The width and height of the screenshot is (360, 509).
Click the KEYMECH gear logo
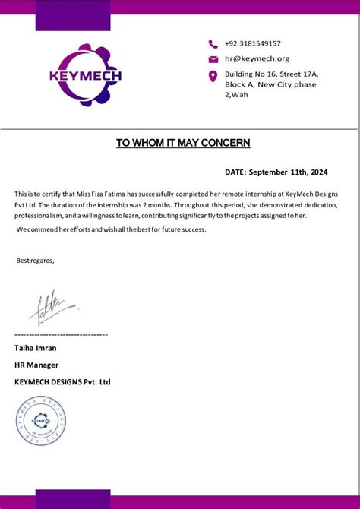[85, 75]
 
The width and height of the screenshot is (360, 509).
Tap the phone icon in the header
[213, 44]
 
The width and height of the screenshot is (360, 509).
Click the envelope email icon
[213, 59]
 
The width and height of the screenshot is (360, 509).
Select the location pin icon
[213, 76]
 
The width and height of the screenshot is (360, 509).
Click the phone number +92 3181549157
[253, 44]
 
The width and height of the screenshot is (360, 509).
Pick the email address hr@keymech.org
[257, 58]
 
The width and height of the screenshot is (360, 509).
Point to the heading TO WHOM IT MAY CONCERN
[183, 143]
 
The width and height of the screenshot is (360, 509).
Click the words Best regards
[35, 261]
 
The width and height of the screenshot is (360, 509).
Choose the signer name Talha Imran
[36, 348]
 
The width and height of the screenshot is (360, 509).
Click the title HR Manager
[36, 365]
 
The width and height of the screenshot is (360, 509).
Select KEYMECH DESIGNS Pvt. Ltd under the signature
[62, 381]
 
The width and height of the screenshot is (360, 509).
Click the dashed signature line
[61, 334]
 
